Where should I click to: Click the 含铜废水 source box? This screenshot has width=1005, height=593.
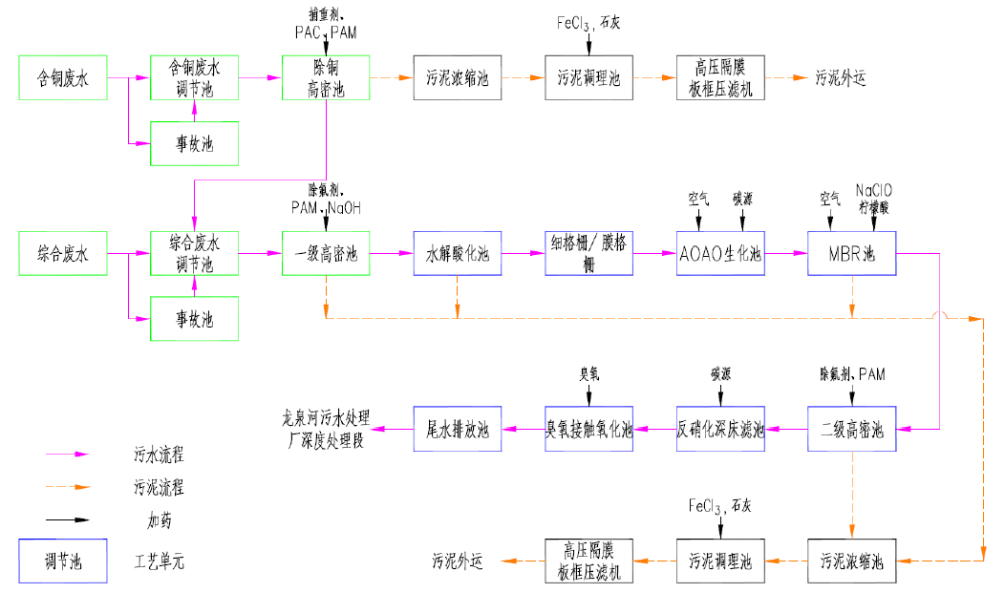[62, 77]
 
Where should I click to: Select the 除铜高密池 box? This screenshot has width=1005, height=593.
[326, 77]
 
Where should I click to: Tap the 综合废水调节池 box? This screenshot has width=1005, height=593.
[194, 252]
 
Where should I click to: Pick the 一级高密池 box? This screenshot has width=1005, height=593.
[326, 253]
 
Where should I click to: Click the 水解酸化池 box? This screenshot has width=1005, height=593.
[457, 253]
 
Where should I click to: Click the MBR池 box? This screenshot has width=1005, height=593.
[851, 253]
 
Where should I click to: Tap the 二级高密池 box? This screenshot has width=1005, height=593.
[851, 429]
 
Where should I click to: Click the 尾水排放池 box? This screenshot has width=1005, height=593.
[457, 429]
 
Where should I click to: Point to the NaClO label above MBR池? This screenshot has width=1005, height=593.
[874, 189]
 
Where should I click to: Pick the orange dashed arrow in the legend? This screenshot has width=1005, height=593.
[67, 486]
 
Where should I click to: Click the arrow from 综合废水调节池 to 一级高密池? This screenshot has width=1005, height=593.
[260, 253]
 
